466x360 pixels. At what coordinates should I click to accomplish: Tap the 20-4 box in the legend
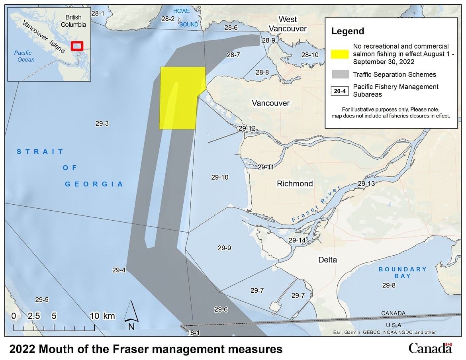(x=340, y=91)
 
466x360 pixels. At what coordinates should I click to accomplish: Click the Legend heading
(x=348, y=31)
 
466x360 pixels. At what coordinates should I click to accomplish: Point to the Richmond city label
(x=295, y=184)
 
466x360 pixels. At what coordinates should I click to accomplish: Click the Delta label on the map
(x=327, y=260)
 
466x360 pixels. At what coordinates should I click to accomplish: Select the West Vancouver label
(x=288, y=24)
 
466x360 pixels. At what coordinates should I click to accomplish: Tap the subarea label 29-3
(x=102, y=123)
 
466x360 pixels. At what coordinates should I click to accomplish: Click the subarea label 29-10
(x=220, y=177)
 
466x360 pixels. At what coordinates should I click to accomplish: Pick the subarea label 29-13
(x=366, y=184)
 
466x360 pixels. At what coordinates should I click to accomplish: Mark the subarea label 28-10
(x=310, y=55)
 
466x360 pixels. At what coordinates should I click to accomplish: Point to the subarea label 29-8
(x=389, y=285)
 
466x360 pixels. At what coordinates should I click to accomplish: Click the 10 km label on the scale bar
(x=103, y=316)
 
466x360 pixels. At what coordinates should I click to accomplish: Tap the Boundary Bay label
(x=402, y=273)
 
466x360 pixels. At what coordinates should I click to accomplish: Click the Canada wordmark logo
(x=430, y=348)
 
